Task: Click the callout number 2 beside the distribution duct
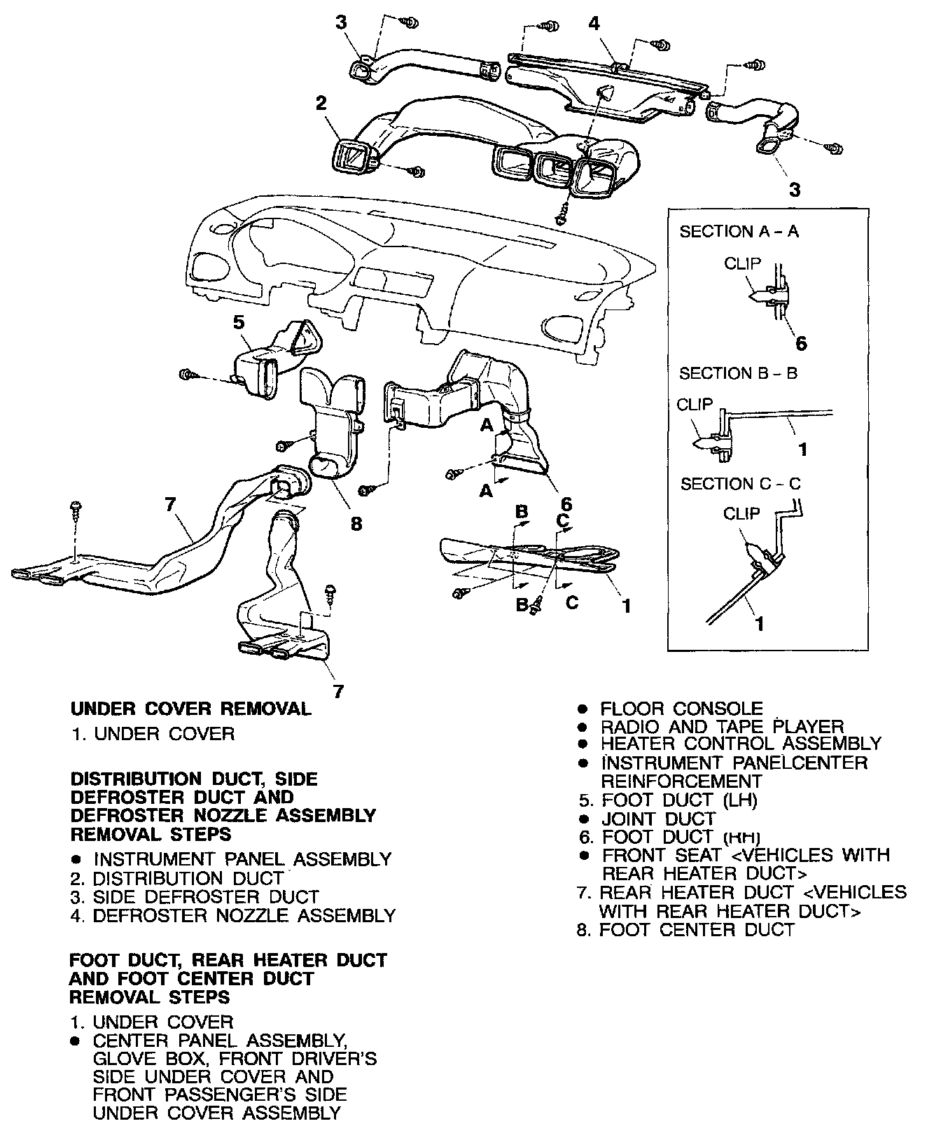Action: (321, 104)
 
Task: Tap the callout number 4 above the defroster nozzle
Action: (594, 23)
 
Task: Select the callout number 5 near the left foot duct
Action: (239, 323)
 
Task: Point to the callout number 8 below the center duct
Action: (356, 522)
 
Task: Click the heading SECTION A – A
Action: (739, 231)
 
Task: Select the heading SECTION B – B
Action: (738, 373)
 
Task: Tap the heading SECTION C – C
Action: (741, 484)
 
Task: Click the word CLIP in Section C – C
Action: (741, 514)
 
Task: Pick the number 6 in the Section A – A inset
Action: (801, 343)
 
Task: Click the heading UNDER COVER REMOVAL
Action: (190, 709)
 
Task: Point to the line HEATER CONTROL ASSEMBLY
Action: (740, 744)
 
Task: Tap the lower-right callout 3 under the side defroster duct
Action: (795, 189)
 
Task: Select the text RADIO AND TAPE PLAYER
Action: (722, 727)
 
